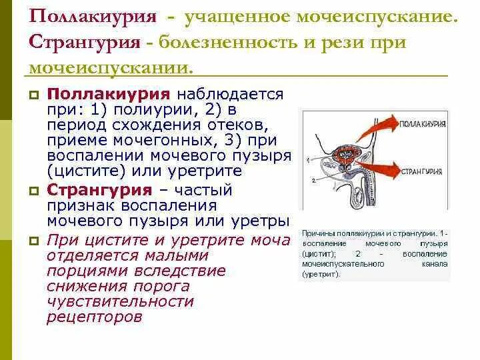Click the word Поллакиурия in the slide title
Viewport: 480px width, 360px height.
point(84,19)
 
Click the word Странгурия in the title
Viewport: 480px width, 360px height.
point(84,43)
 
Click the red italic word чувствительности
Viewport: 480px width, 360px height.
point(120,301)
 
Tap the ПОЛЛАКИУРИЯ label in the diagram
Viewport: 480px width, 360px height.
point(425,124)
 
